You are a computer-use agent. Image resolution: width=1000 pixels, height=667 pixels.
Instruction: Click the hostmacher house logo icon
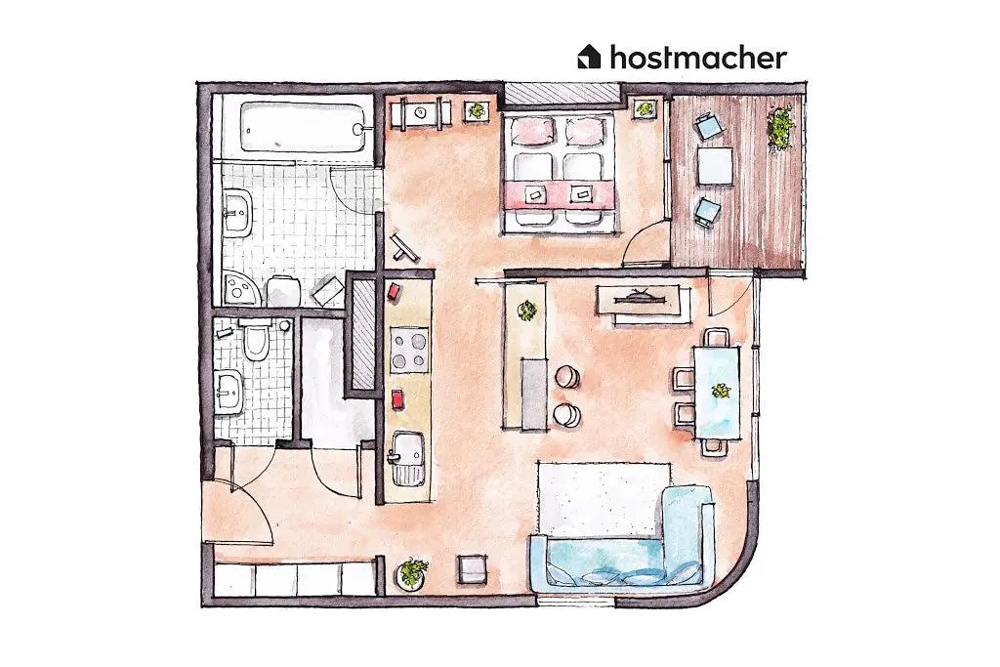(x=589, y=57)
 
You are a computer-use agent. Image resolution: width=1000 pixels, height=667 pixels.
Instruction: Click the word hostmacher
(x=698, y=57)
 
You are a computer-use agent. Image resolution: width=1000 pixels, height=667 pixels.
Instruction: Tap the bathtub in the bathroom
(x=303, y=128)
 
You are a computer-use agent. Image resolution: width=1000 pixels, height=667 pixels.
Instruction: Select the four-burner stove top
(x=409, y=350)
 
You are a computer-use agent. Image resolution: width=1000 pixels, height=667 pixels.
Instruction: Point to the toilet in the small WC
(x=257, y=339)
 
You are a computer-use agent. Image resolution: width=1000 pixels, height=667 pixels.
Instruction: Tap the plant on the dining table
(x=722, y=390)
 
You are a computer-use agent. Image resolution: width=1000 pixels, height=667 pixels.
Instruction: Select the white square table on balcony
(x=714, y=166)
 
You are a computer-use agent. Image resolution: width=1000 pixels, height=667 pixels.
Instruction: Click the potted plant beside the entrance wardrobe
(x=413, y=572)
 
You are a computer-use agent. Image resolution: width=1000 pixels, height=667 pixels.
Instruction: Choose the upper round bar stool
(x=566, y=376)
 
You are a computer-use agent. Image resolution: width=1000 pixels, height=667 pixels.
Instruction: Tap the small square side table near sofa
(x=472, y=568)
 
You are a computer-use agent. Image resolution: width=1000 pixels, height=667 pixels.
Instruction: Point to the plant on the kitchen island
(x=527, y=311)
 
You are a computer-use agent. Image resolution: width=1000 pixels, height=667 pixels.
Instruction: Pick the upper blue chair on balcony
(x=707, y=126)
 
